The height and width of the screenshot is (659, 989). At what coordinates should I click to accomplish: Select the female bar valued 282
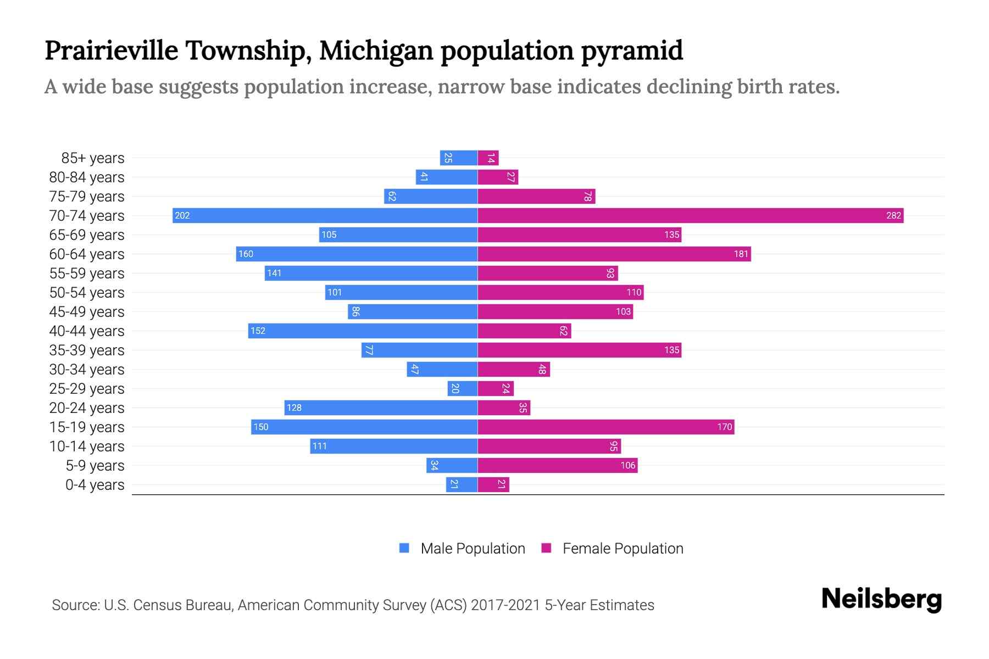click(x=690, y=215)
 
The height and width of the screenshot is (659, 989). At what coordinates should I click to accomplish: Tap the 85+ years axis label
click(x=92, y=158)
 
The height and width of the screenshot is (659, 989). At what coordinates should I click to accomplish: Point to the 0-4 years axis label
click(x=95, y=485)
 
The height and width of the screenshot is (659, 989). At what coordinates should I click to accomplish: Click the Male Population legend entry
click(x=462, y=549)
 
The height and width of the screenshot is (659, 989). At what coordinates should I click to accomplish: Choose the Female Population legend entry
click(x=613, y=549)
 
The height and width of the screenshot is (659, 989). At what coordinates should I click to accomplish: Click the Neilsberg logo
click(x=881, y=599)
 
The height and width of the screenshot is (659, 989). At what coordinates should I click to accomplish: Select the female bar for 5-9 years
click(x=557, y=466)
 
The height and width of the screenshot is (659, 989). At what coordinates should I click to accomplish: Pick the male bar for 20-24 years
click(x=381, y=407)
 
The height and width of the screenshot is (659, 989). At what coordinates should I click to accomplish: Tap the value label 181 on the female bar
click(x=741, y=254)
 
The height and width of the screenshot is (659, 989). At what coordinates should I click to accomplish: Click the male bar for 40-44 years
click(x=363, y=331)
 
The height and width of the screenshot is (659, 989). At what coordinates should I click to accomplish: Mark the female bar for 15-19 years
click(x=605, y=427)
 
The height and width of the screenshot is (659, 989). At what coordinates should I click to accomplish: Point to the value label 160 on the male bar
click(x=246, y=254)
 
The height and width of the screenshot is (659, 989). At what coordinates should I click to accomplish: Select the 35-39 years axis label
click(x=87, y=350)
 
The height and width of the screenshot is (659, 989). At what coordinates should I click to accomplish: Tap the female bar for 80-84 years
click(x=498, y=177)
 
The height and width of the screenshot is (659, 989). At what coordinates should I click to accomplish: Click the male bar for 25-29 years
click(x=462, y=388)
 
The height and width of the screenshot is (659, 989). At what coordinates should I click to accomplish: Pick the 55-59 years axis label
click(x=87, y=273)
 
